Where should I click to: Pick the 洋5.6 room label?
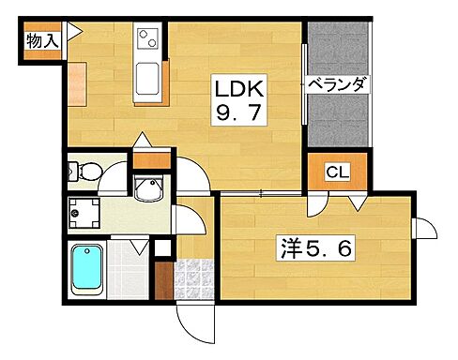pos(317,247)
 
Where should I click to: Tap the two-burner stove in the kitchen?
pos(147,39)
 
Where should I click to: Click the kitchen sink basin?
pos(146,82)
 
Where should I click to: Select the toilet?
pos(87,172)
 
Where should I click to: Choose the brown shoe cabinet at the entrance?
pos(162,279)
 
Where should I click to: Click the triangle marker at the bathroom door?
pos(140,246)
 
